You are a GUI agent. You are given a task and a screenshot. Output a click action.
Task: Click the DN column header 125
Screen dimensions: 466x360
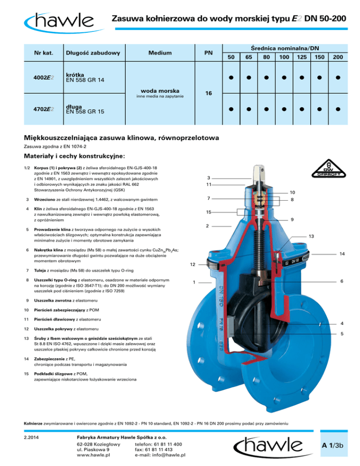click(x=301, y=57)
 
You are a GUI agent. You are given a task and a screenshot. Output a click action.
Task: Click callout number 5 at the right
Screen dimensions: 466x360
click(x=342, y=334)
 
